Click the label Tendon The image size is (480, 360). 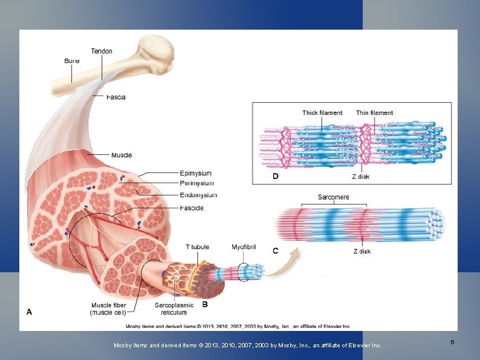(102, 51)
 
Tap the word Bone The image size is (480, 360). (72, 61)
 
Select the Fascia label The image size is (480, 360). (116, 97)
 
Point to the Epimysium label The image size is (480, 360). (196, 174)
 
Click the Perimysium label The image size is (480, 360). (196, 183)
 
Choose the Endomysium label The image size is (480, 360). (198, 195)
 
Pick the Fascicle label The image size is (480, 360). (192, 208)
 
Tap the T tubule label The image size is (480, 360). (197, 247)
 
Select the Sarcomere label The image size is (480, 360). (333, 197)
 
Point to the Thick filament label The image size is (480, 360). (322, 113)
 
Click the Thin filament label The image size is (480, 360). (374, 113)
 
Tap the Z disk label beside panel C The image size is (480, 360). (362, 251)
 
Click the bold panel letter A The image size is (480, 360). (29, 312)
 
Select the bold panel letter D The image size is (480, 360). (275, 176)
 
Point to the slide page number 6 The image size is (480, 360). (452, 343)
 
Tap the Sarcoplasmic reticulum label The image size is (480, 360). (174, 309)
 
